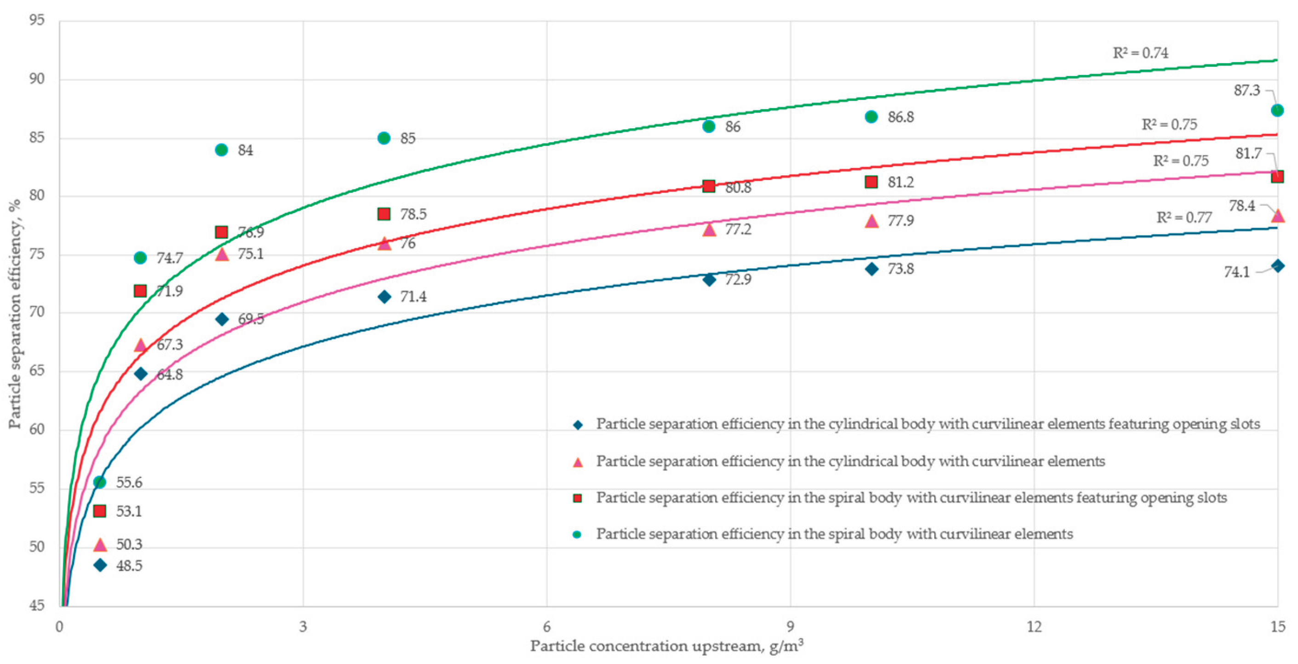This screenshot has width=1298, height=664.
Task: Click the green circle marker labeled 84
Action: [x=221, y=149]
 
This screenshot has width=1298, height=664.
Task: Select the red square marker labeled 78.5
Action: [x=384, y=214]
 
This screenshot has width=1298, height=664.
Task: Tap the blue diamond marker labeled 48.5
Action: [x=100, y=565]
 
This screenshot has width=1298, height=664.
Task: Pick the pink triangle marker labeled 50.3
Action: [x=100, y=544]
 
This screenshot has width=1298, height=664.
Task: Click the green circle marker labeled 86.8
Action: [x=871, y=116]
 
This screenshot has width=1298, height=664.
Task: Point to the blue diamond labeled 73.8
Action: [x=872, y=269]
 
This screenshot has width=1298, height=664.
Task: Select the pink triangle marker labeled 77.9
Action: [x=871, y=221]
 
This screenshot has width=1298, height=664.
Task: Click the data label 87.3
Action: [x=1246, y=90]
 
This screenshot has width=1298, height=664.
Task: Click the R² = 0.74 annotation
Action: [x=1140, y=52]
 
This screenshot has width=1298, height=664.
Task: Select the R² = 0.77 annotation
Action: [x=1183, y=217]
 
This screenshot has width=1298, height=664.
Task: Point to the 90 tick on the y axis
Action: [x=36, y=79]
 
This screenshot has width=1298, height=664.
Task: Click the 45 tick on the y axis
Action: [x=36, y=605]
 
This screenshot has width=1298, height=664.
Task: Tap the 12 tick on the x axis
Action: [x=1034, y=626]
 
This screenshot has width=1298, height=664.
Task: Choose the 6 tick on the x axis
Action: [x=547, y=626]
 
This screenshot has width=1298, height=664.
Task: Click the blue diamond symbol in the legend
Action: [x=578, y=425]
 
